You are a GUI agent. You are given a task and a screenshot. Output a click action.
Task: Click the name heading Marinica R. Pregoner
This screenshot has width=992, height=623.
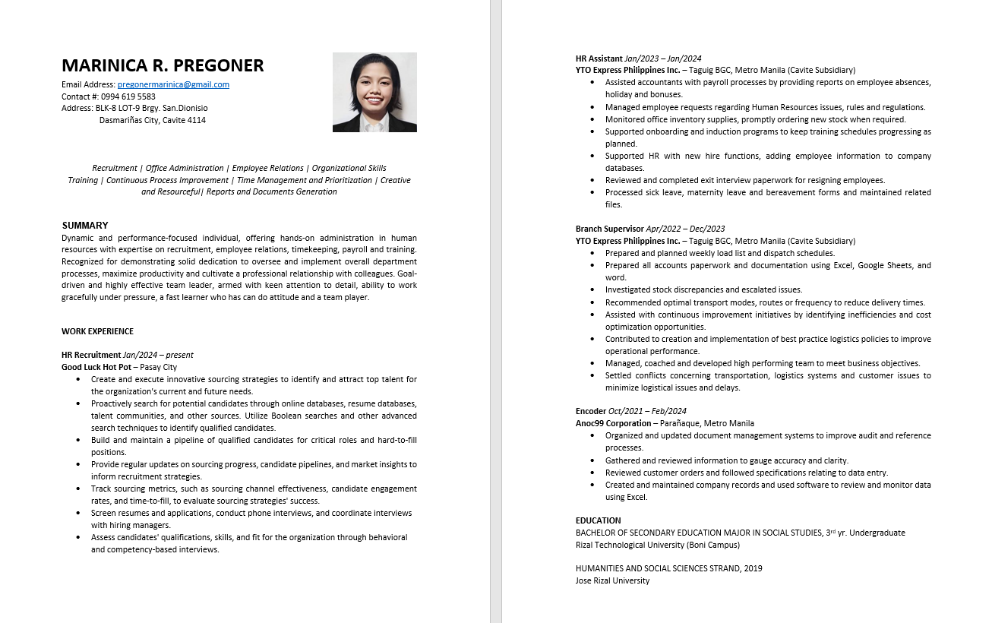[x=163, y=66]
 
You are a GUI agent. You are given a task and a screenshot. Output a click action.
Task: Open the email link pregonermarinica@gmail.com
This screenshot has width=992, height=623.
[x=173, y=85]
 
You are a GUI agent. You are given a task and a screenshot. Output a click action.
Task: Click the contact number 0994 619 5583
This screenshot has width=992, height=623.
[x=128, y=96]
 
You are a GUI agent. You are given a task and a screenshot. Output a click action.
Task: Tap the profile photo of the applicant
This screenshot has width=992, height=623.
[x=374, y=92]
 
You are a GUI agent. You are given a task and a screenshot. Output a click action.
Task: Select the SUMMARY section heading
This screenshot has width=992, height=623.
[x=85, y=226]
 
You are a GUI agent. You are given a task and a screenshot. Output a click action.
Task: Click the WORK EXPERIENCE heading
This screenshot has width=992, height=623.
[x=97, y=331]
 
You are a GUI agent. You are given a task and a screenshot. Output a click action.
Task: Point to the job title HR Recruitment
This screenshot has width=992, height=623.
[x=91, y=355]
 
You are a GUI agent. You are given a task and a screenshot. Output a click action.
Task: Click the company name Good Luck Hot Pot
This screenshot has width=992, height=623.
[x=96, y=367]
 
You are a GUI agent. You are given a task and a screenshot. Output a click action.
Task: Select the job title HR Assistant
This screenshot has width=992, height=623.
[x=599, y=59]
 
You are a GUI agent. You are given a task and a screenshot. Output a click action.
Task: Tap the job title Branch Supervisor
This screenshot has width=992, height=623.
[x=609, y=229]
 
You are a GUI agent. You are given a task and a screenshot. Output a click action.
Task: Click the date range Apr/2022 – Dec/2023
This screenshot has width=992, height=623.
[x=685, y=229]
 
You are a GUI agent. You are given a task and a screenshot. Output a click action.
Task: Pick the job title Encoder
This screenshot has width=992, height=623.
[x=591, y=411]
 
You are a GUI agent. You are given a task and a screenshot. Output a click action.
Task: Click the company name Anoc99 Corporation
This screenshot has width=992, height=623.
[x=613, y=423]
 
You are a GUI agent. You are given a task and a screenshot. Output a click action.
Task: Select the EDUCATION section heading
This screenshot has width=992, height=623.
[x=599, y=520]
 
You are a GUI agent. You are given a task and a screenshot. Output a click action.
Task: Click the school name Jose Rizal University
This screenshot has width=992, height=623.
[x=612, y=580]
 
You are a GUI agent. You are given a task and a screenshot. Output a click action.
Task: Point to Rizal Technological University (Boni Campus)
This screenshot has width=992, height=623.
[x=657, y=545]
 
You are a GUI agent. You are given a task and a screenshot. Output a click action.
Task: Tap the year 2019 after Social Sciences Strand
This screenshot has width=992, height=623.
[x=753, y=568]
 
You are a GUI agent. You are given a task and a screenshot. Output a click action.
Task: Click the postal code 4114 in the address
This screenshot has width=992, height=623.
[x=196, y=120]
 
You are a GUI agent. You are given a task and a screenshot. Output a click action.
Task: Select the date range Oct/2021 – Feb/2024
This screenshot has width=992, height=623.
[x=648, y=411]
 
